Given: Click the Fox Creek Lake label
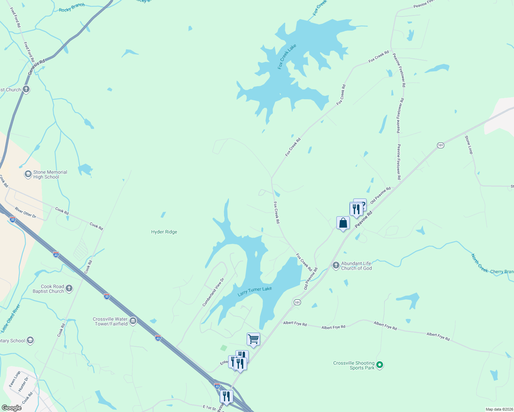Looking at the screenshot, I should coord(287,57).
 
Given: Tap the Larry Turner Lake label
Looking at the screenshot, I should coord(255,291).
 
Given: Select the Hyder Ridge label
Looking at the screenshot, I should coord(164,232).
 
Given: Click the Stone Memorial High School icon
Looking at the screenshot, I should coord(28,174).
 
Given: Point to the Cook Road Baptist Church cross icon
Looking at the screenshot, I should coord(69,288).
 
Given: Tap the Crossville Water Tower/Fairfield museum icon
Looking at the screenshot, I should coord(133,321).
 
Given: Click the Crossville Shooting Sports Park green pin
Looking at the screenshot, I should coord(380,365).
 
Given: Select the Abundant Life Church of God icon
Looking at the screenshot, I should coord(336,265).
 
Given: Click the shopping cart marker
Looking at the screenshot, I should coord(253,339).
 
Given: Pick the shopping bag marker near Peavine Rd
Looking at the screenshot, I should coord(343,223).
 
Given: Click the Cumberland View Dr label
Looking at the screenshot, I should coord(213,292).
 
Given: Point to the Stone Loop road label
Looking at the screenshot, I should coord(469,145).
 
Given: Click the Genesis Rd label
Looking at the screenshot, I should coord(36,67).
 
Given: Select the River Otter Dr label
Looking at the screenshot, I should coord(25,212).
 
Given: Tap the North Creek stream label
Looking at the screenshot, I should coord(479,263).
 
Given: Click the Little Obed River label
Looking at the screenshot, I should coord(11,318).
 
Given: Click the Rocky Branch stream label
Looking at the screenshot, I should coord(71,8).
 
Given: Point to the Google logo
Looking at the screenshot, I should coord(11,408).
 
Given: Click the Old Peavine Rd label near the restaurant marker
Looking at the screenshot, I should coord(381,195).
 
